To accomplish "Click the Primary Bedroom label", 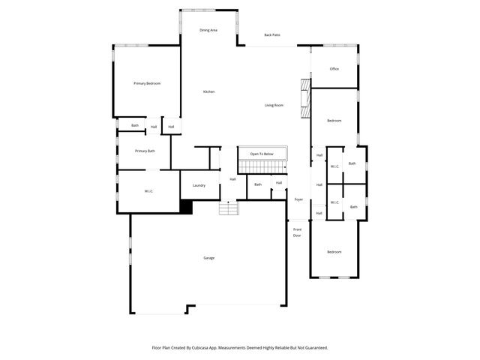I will [x=147, y=83].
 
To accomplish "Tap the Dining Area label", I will [x=208, y=30].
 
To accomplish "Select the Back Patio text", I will [x=271, y=35].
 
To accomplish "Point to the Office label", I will [x=334, y=69].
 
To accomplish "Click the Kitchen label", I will [x=208, y=91].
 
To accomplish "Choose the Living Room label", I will [x=274, y=105].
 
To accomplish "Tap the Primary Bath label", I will [x=145, y=151].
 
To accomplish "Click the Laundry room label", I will [x=199, y=185].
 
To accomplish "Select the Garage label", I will [x=208, y=258].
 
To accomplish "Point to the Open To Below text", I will [x=262, y=154].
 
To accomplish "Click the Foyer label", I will [x=298, y=199].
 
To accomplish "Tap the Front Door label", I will [x=297, y=232].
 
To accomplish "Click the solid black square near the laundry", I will [x=186, y=207].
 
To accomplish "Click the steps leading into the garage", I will [x=228, y=208].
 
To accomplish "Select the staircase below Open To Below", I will [x=262, y=165].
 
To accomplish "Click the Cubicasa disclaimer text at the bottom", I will [x=240, y=348].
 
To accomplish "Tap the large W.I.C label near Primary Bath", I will [x=148, y=191].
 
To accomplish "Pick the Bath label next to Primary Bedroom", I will [x=135, y=125].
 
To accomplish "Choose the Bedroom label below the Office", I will [x=334, y=121].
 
